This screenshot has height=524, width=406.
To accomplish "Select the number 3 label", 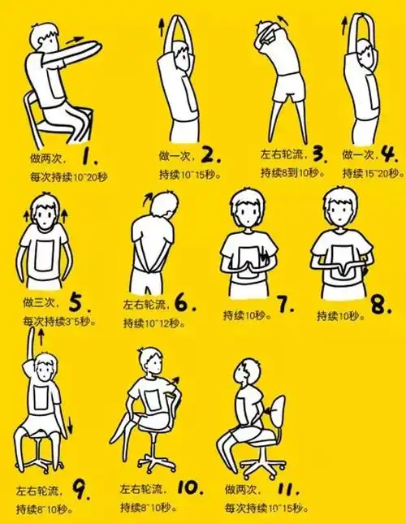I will coord(319,153).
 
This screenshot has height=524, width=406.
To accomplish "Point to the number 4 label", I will coord(388,153).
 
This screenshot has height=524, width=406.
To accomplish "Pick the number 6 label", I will coord(184,305).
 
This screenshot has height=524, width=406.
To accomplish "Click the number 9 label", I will coord(80,489).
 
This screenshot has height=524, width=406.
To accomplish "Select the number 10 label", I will coord(188,489).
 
